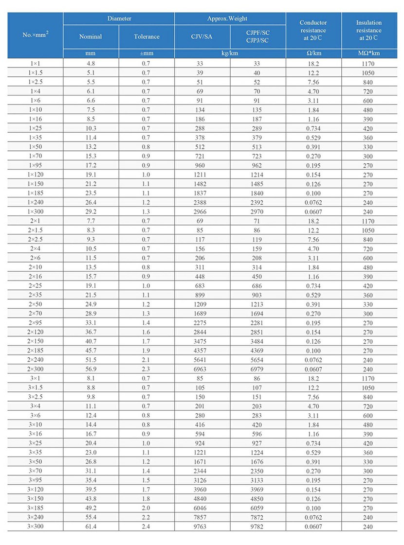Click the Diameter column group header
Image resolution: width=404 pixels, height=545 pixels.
coord(119,18)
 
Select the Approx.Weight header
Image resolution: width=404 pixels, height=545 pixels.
coord(230,18)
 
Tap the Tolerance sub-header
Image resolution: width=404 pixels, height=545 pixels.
coord(147,36)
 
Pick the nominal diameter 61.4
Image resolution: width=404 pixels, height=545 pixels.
coord(91,527)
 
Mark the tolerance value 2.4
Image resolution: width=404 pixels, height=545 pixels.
coord(146,527)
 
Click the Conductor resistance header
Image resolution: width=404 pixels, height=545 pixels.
coord(313,30)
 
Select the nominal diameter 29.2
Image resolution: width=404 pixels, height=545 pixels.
coord(91,211)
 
